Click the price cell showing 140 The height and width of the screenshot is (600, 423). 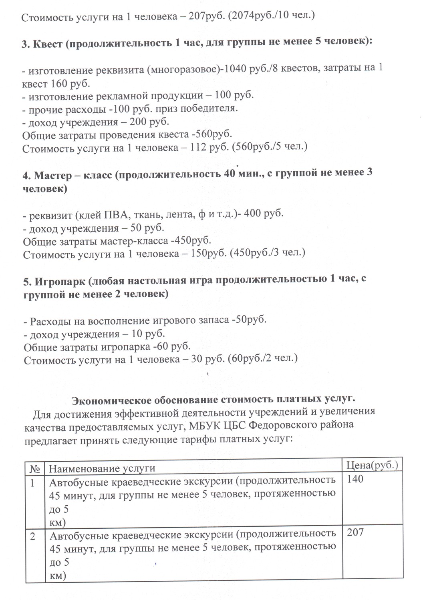(355, 479)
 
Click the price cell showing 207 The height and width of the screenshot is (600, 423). (355, 533)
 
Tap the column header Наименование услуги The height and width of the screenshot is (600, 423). (102, 468)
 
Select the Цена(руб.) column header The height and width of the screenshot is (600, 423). (372, 465)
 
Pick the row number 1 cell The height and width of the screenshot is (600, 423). (34, 483)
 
